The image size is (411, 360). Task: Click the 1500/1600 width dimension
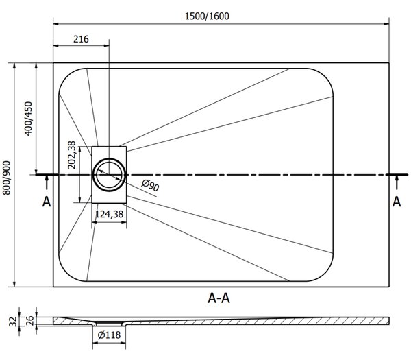tap(207, 16)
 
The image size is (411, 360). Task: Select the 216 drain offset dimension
tap(81, 39)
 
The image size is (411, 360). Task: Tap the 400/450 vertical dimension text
tap(28, 119)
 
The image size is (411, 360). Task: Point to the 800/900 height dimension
tap(6, 178)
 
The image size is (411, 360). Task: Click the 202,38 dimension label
tap(71, 155)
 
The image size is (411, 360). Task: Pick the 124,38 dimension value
tap(109, 215)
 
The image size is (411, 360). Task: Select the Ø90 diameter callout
tap(151, 185)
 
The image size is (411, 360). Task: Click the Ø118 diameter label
tap(109, 335)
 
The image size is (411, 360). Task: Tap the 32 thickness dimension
tap(13, 322)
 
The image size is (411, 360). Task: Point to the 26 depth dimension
tap(30, 321)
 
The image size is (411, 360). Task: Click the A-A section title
tap(219, 298)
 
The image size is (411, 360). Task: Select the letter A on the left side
tap(47, 202)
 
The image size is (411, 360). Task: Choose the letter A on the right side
tap(397, 202)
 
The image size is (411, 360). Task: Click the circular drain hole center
tap(109, 175)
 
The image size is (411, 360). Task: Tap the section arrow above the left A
tap(47, 182)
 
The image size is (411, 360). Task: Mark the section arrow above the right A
tap(397, 182)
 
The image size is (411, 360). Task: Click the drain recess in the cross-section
tap(109, 324)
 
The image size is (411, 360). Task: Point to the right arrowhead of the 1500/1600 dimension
tap(386, 24)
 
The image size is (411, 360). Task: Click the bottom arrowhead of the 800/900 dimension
tap(14, 284)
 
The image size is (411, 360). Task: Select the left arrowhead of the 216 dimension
tap(56, 46)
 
